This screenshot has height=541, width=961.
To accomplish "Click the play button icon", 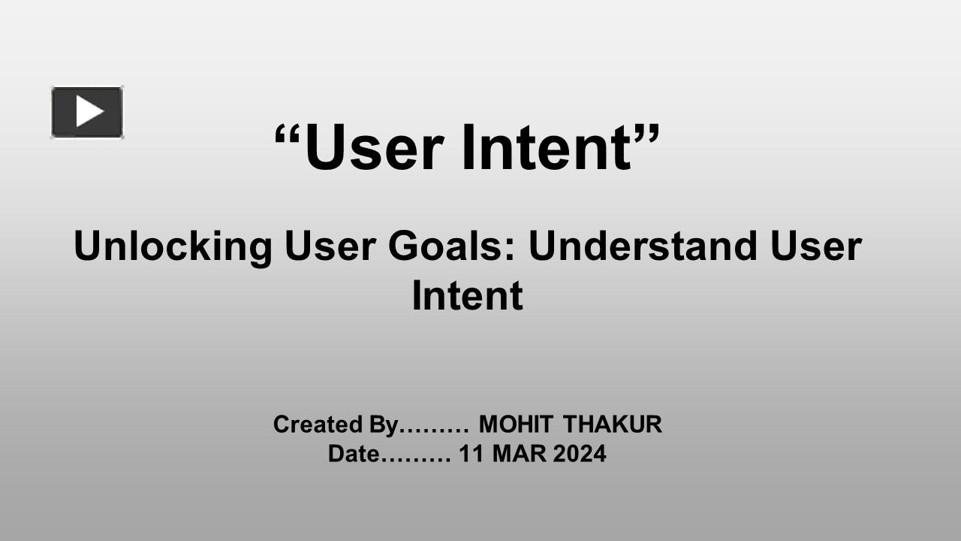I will (x=87, y=112).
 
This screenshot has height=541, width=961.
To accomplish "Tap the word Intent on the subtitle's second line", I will (x=466, y=296).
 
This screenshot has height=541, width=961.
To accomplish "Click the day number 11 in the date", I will (x=471, y=454).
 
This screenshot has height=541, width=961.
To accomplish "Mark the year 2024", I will (x=579, y=454).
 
